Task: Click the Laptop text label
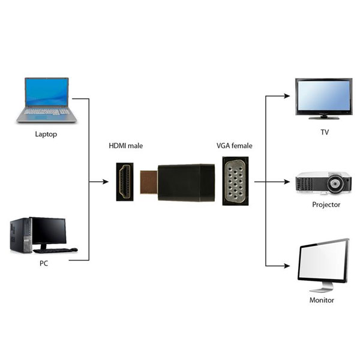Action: pyautogui.click(x=46, y=134)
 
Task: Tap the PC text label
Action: pyautogui.click(x=44, y=263)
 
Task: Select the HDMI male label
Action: pyautogui.click(x=125, y=146)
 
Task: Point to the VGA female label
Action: pyautogui.click(x=235, y=146)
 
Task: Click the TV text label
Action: pyautogui.click(x=325, y=132)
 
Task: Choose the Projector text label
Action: pyautogui.click(x=326, y=205)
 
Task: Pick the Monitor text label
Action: pyautogui.click(x=322, y=300)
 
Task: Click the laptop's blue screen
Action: pyautogui.click(x=47, y=92)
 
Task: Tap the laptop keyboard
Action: pyautogui.click(x=47, y=112)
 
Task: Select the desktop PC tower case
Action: pyautogui.click(x=20, y=236)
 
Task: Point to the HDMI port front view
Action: pyautogui.click(x=125, y=182)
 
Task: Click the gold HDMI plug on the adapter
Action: pyautogui.click(x=149, y=182)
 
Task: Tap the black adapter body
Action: pyautogui.click(x=186, y=182)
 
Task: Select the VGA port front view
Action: pyautogui.click(x=235, y=181)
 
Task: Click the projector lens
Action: pyautogui.click(x=335, y=184)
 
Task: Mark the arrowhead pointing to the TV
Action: pyautogui.click(x=287, y=96)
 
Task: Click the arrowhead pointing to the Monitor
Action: pyautogui.click(x=287, y=266)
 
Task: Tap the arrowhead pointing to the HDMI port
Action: pyautogui.click(x=106, y=182)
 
